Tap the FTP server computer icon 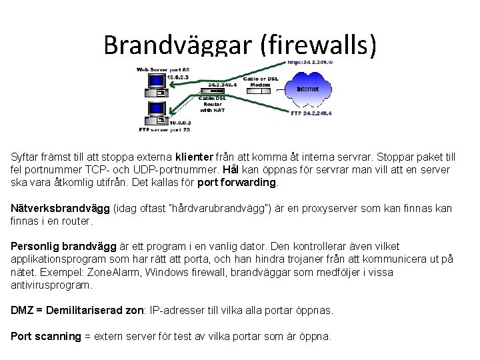pyautogui.click(x=155, y=112)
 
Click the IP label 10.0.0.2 pyautogui.click(x=180, y=123)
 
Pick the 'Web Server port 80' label pyautogui.click(x=163, y=69)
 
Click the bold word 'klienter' pyautogui.click(x=195, y=157)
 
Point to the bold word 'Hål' pyautogui.click(x=231, y=169)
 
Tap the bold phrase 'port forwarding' pyautogui.click(x=237, y=182)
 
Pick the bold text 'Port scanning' pyautogui.click(x=45, y=336)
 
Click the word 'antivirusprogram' pyautogui.click(x=51, y=285)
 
